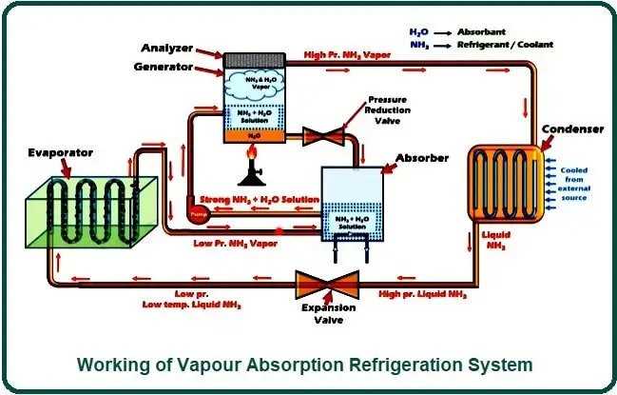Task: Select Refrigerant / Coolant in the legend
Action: pos(506,44)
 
